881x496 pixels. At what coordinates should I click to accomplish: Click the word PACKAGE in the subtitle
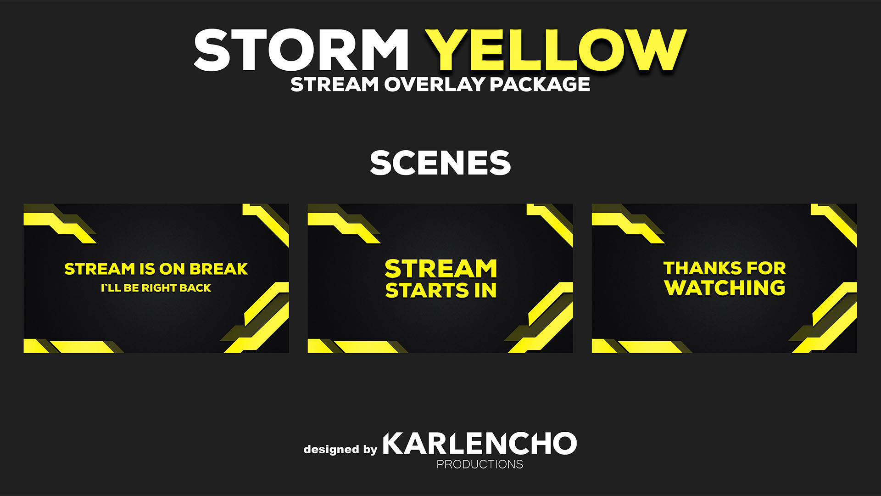click(540, 85)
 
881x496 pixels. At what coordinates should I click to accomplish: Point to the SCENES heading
click(440, 163)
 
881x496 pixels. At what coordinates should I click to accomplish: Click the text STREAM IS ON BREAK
click(156, 269)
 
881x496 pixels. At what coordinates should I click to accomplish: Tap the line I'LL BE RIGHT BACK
click(156, 288)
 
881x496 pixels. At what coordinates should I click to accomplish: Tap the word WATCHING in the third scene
click(725, 287)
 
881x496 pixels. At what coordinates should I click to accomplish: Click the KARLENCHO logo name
click(480, 443)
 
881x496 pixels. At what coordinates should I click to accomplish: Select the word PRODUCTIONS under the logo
click(480, 464)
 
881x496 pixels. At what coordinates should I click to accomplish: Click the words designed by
click(340, 449)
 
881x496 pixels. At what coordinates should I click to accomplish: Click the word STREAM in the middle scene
click(440, 269)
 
